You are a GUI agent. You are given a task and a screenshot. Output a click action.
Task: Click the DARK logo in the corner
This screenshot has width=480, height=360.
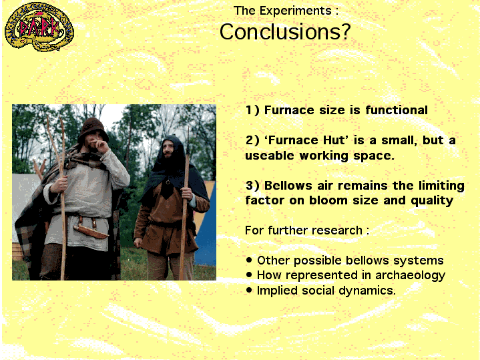[x=39, y=27]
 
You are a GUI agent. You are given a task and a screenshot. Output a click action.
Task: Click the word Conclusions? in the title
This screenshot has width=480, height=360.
[x=285, y=32]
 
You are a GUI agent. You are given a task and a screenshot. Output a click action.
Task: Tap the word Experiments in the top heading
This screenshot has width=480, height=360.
[x=296, y=11]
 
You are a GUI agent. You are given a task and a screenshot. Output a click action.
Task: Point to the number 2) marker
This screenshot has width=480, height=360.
[x=252, y=140]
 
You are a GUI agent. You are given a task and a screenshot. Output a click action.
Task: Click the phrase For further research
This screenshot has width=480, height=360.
[x=303, y=230]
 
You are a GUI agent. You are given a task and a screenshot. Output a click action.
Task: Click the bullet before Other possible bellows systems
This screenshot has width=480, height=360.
[x=249, y=260]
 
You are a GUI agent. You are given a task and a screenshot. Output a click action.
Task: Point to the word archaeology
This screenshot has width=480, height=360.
[x=410, y=276]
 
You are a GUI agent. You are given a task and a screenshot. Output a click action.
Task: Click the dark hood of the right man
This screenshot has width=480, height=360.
[x=172, y=160]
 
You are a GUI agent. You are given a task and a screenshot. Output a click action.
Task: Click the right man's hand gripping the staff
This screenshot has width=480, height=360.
[x=186, y=194]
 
